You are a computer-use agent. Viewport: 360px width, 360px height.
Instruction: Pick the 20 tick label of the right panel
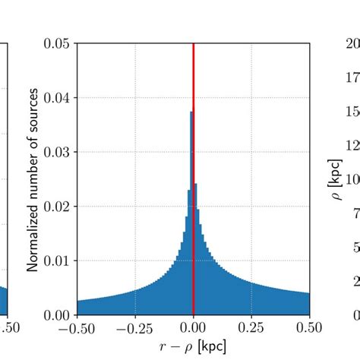352,43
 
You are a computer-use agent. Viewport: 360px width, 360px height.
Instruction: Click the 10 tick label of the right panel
352,180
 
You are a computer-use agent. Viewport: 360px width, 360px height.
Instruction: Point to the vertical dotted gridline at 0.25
252,152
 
